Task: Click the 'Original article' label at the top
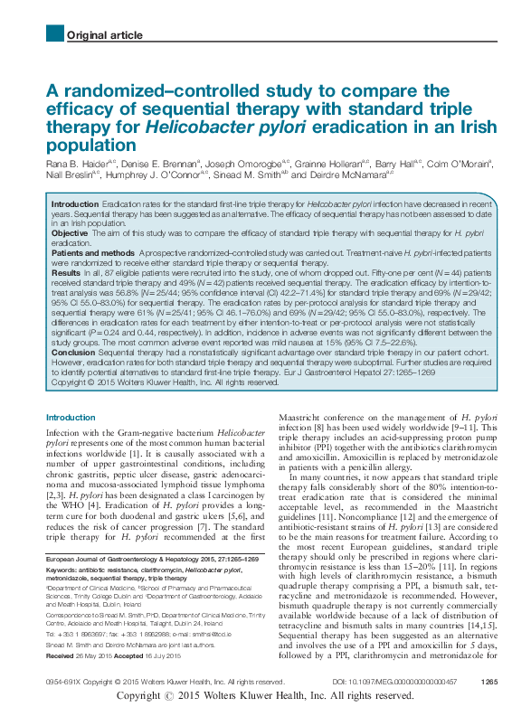point(104,35)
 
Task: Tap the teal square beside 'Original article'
point(52,34)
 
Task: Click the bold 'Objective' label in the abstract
point(70,233)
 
